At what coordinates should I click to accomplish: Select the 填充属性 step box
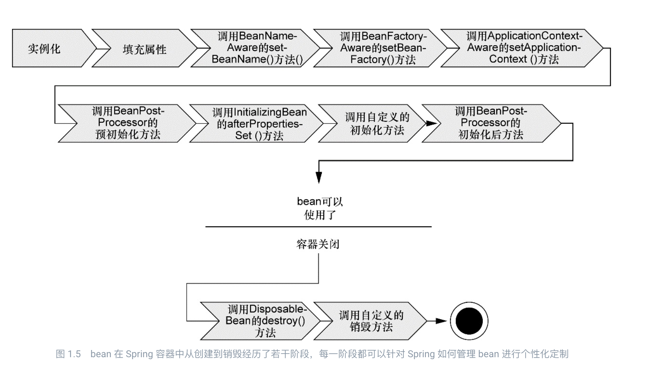144,49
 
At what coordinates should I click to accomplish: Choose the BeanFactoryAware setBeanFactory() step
383,48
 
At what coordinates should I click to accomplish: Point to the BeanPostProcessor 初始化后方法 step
491,123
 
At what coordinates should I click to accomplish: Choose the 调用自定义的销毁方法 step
371,321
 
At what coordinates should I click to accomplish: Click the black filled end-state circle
469,321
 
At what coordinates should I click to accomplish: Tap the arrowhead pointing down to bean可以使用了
319,177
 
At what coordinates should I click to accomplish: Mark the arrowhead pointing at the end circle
441,321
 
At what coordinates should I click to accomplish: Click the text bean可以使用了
319,208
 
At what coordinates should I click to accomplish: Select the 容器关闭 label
318,244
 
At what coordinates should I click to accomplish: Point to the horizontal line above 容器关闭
319,227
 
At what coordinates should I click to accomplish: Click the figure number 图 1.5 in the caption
68,354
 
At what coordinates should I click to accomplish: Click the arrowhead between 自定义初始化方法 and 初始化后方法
431,123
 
